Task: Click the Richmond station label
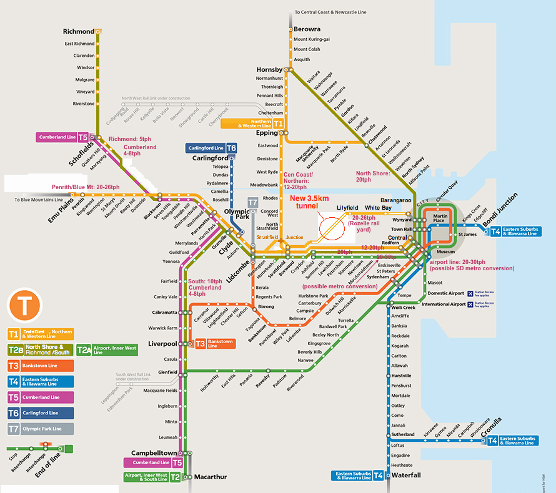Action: click(x=78, y=31)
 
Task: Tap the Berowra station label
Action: click(x=307, y=29)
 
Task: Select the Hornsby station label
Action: click(x=269, y=69)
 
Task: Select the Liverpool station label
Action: click(x=162, y=344)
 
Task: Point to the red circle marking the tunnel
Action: click(x=332, y=228)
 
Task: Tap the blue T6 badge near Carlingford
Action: click(x=231, y=149)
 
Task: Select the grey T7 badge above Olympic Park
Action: click(x=252, y=202)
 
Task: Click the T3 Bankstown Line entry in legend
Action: click(x=41, y=365)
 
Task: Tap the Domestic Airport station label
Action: click(x=445, y=293)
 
